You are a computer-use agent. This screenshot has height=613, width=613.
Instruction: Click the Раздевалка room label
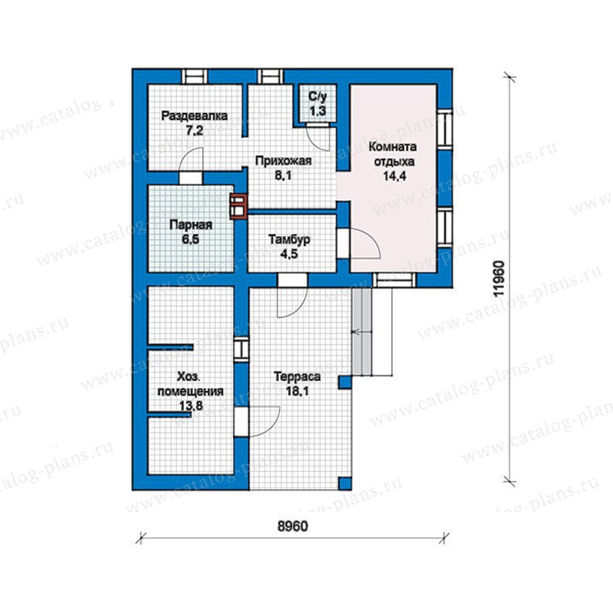pos(194,116)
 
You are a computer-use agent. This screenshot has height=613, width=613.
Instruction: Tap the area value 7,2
pos(194,131)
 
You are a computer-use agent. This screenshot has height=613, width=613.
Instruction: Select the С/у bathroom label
pos(317,97)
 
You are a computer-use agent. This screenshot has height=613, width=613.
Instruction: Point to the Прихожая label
pos(283,161)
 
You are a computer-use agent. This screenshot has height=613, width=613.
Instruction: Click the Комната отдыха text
pos(393,154)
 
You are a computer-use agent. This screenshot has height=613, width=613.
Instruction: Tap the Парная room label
pos(191,225)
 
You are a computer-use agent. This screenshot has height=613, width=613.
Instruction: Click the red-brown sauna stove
pos(238,206)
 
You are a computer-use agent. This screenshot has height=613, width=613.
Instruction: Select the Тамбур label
pos(289,239)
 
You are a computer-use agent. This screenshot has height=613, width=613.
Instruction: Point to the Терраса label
pos(298,377)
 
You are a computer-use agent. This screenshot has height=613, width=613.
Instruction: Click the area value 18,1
pos(298,391)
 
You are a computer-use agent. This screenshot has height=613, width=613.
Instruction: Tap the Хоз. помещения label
pos(191,384)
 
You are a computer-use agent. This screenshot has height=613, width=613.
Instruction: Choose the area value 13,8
pos(191,406)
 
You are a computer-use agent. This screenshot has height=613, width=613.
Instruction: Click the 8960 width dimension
pos(292,526)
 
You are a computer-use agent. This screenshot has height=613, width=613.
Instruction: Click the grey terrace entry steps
pos(361,331)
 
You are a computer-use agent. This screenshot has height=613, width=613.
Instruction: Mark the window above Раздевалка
pos(194,76)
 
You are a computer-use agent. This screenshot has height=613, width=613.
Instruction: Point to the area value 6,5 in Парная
pos(191,239)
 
